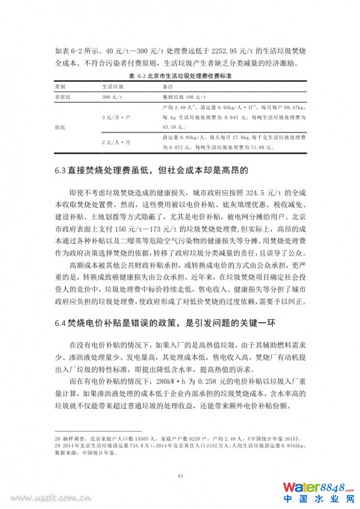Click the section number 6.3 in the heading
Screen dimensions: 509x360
[x=59, y=170]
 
